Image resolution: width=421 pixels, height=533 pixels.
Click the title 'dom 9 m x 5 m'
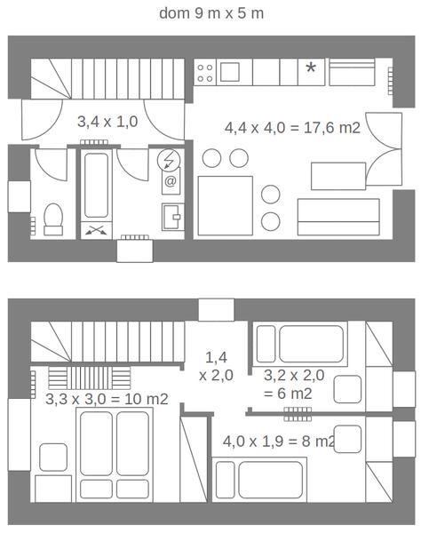click(x=211, y=13)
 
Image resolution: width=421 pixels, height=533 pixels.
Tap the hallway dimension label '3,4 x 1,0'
click(x=107, y=122)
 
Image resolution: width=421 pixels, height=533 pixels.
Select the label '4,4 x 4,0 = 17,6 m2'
click(x=292, y=128)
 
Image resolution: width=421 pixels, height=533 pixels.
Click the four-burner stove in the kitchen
click(x=205, y=73)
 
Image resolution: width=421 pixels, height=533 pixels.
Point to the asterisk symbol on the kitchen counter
click(x=311, y=68)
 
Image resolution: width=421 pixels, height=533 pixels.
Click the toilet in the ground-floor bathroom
click(x=53, y=219)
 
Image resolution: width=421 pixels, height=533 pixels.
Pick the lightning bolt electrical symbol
click(x=169, y=159)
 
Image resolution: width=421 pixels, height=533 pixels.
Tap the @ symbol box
click(x=171, y=181)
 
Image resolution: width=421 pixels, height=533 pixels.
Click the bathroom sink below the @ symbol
click(x=172, y=217)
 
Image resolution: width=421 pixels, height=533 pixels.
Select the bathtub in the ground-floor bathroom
click(x=97, y=186)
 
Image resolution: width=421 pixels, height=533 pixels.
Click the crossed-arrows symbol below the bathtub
click(x=96, y=230)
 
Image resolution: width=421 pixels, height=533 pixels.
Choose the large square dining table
click(x=226, y=206)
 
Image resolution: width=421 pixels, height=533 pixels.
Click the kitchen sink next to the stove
click(x=230, y=72)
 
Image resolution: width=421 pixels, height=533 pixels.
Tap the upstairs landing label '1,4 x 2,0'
click(x=216, y=366)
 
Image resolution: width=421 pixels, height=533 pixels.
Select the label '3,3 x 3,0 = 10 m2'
click(x=107, y=399)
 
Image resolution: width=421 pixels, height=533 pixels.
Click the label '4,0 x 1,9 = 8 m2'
click(x=279, y=442)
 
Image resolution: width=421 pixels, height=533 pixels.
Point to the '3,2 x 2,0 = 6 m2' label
click(x=294, y=385)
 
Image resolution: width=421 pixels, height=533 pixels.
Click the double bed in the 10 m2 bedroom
click(x=115, y=455)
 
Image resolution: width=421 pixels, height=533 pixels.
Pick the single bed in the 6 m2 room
click(x=300, y=344)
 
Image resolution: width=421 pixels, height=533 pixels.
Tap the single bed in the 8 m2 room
click(x=259, y=480)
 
